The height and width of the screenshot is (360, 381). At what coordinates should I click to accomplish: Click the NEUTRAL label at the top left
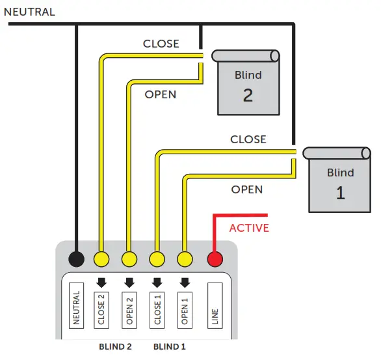point(30,12)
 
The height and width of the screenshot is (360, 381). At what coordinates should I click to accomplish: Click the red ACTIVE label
point(249,228)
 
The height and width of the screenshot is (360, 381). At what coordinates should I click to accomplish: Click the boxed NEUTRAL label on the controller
point(76,308)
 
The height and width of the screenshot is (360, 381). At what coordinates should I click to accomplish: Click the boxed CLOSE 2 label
point(101,308)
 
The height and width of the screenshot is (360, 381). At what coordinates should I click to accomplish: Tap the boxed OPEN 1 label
point(185,308)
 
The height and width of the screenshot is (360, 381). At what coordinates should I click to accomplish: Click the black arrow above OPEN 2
point(129,283)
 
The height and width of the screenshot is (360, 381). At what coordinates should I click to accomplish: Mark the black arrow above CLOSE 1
point(157,283)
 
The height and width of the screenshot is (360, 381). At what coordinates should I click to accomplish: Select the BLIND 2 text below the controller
point(114,346)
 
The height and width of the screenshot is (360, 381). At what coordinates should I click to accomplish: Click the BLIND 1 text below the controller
point(170,346)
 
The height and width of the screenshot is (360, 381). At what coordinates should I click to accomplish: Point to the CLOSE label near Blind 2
point(161,44)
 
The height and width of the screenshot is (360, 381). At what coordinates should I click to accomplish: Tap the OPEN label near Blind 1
point(247,189)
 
